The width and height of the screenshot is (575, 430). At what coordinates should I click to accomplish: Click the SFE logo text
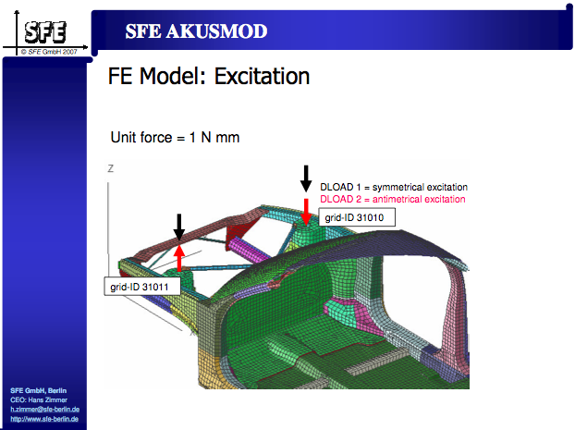[x=45, y=32]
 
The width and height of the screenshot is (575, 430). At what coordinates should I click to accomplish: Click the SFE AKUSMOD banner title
[x=196, y=31]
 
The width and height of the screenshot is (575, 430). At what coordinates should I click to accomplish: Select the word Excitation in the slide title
[x=262, y=77]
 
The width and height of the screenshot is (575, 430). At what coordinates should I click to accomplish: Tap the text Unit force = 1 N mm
[x=175, y=138]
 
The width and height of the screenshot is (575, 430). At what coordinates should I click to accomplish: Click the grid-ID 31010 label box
[x=357, y=217]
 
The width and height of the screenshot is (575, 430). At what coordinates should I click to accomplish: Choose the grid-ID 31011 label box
[x=142, y=286]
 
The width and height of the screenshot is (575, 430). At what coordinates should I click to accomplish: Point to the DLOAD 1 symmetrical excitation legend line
[x=394, y=187]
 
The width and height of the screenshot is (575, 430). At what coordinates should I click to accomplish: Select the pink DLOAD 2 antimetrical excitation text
[x=392, y=199]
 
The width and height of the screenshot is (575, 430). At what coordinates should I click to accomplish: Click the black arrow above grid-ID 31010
[x=306, y=178]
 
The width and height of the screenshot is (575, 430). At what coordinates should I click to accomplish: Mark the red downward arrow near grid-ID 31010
[x=306, y=212]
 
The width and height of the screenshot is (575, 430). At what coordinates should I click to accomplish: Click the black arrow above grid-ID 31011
[x=179, y=227]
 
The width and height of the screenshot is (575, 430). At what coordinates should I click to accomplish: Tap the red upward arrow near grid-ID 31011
[x=179, y=258]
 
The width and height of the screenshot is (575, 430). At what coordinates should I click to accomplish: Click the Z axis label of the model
[x=110, y=168]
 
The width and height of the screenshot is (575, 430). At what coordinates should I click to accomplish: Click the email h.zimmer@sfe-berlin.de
[x=44, y=409]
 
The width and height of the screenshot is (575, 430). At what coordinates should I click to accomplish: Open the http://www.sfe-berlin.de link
[x=44, y=419]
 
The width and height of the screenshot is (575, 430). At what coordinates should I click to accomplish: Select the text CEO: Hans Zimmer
[x=39, y=399]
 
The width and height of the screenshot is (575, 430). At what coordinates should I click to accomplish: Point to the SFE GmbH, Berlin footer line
[x=38, y=390]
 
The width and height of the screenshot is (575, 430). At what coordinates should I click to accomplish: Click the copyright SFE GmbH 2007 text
[x=49, y=52]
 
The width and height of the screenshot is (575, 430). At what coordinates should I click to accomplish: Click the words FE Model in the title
[x=156, y=77]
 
